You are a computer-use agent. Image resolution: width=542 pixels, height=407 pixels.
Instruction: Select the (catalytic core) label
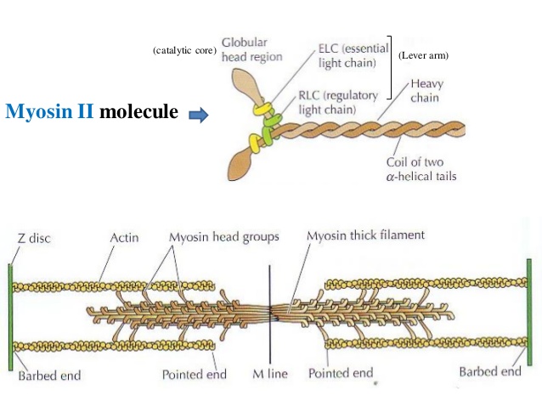[x=183, y=52]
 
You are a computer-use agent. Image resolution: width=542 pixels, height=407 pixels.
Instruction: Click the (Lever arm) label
[x=422, y=55]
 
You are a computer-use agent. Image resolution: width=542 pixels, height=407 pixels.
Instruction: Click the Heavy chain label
[x=426, y=91]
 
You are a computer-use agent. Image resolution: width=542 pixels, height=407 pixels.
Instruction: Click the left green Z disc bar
[x=10, y=315]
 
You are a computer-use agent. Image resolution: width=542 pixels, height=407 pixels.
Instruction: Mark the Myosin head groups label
[x=223, y=239]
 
